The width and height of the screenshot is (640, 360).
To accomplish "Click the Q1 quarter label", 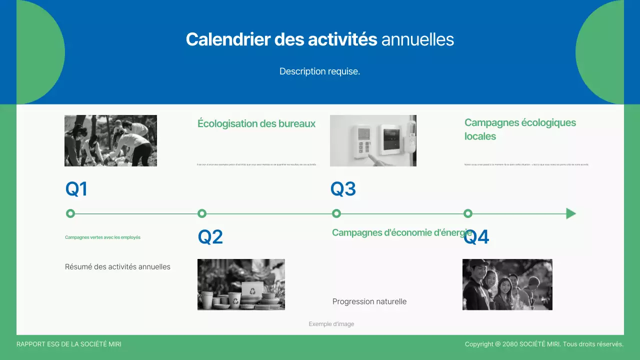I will (76, 189).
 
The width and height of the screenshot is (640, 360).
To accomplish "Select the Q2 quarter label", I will (210, 237).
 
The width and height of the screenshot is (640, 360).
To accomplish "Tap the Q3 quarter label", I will (343, 189).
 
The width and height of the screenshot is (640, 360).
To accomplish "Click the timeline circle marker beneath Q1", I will (70, 214).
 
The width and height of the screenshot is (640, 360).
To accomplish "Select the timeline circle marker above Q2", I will (202, 214).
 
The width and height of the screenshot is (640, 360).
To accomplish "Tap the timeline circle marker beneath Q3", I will (336, 214).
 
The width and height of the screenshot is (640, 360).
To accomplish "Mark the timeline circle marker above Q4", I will (468, 214).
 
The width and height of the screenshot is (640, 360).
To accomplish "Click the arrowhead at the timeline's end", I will (570, 214).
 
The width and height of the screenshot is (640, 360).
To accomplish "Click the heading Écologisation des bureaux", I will (256, 123).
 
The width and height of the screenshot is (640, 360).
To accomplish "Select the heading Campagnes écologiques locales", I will (520, 129).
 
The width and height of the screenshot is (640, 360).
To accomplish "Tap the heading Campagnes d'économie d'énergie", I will (402, 232).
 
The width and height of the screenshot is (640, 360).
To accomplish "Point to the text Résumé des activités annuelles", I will (117, 267).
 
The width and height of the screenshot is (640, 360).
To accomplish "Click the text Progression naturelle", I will (369, 301).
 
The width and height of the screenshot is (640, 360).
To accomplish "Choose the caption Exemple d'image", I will (331, 324).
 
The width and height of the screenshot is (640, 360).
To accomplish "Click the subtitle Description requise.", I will (319, 71).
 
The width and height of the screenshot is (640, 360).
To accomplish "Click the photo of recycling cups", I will (241, 284).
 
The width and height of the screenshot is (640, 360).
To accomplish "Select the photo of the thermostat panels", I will (373, 140).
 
